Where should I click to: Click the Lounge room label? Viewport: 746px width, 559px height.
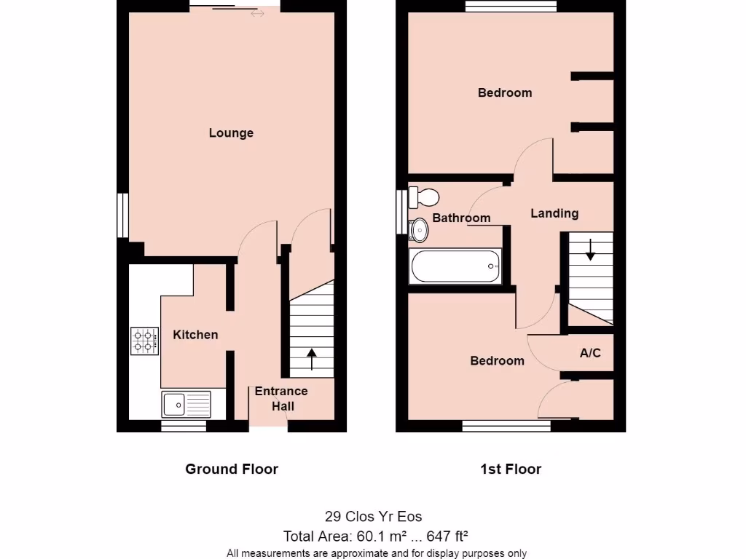point(231,133)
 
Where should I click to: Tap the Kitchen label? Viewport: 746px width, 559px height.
point(195,335)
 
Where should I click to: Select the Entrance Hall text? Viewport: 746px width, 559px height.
point(281,398)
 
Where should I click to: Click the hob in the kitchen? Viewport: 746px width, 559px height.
point(145,341)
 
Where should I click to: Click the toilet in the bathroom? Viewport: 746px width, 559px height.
point(423,197)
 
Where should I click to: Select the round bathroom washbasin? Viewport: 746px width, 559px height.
point(420,230)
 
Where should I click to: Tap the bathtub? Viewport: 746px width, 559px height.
point(456,266)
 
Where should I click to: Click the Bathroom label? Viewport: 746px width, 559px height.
point(461,218)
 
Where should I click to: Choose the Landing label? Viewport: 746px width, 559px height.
point(554,213)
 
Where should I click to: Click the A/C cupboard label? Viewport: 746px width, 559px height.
point(590,354)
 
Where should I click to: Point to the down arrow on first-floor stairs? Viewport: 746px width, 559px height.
point(590,251)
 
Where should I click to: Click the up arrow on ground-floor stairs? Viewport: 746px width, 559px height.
point(312,357)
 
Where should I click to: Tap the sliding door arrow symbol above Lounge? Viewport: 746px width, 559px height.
point(257,13)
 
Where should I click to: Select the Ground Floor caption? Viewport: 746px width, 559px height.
point(232,469)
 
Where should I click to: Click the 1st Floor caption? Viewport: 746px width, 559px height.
point(511,469)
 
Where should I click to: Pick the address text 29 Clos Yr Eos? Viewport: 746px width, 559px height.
point(373,517)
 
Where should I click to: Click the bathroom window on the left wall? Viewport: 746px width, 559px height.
point(401,212)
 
